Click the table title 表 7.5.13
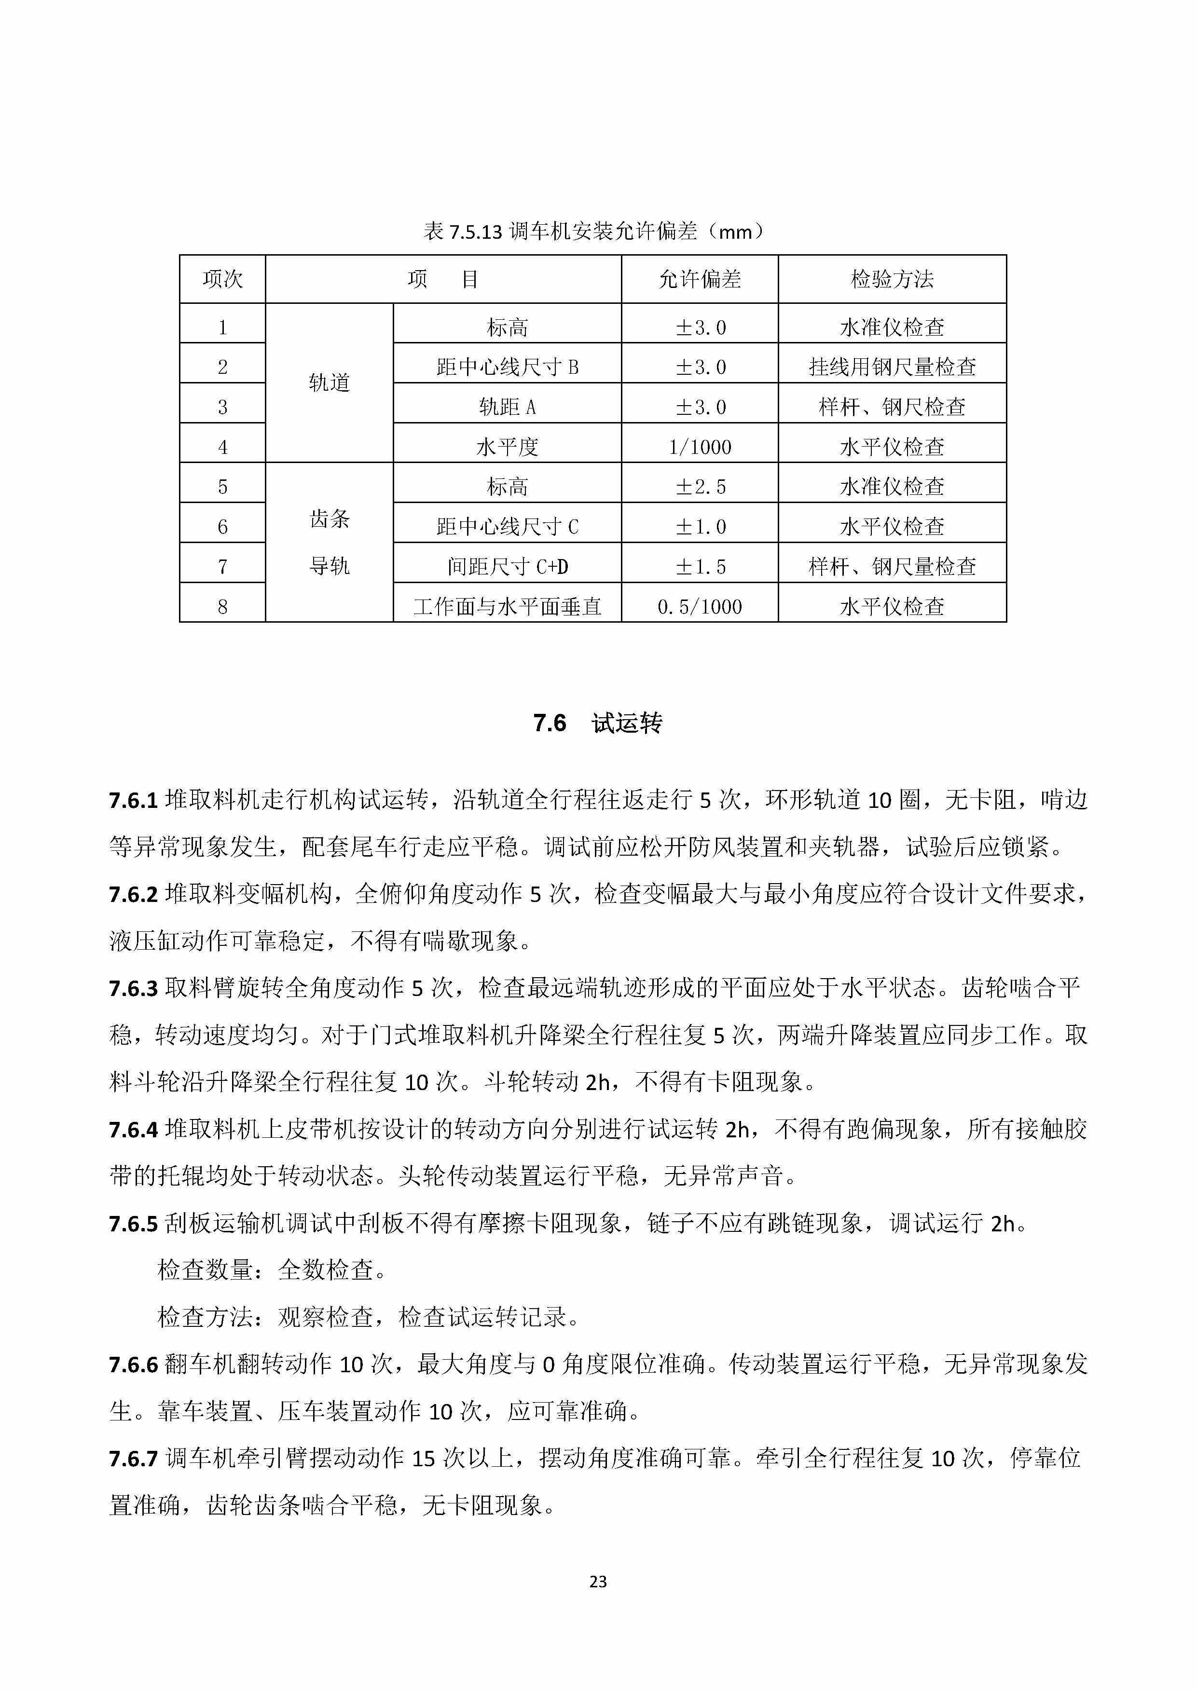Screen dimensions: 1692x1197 [593, 232]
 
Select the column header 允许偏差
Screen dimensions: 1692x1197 [700, 279]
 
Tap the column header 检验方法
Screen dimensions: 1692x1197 [892, 279]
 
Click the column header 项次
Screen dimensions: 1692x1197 [222, 279]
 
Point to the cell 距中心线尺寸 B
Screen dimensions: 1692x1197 [507, 367]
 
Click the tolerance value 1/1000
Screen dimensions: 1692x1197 [700, 447]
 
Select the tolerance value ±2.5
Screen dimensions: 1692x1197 [700, 486]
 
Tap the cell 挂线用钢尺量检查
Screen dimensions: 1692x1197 [892, 367]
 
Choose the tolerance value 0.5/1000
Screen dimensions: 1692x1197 [700, 606]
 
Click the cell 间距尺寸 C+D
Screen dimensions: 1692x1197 [507, 567]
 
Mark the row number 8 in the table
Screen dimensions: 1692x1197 [222, 606]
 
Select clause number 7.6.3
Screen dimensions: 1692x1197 [134, 988]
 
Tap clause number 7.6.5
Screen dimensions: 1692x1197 [134, 1224]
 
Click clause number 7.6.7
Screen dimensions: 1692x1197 [134, 1459]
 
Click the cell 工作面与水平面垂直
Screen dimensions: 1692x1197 [507, 606]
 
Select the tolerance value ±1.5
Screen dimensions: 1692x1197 [700, 567]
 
